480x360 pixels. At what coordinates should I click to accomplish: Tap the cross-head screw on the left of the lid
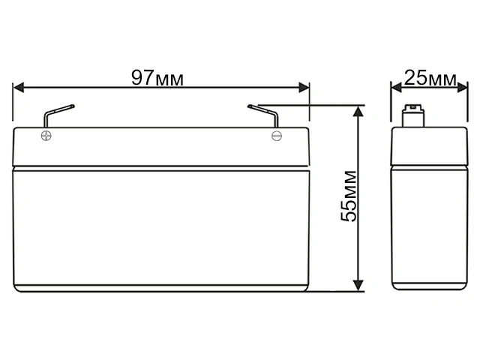pyautogui.click(x=46, y=136)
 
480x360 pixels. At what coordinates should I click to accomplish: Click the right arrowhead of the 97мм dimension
pyautogui.click(x=303, y=88)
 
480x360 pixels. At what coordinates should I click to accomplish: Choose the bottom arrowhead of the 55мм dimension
pyautogui.click(x=359, y=284)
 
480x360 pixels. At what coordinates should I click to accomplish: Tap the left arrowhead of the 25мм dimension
pyautogui.click(x=397, y=88)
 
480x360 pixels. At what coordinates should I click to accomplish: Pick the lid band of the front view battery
pyautogui.click(x=161, y=147)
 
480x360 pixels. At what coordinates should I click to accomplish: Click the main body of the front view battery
pyautogui.click(x=161, y=229)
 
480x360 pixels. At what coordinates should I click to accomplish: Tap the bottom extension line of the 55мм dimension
pyautogui.click(x=337, y=291)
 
